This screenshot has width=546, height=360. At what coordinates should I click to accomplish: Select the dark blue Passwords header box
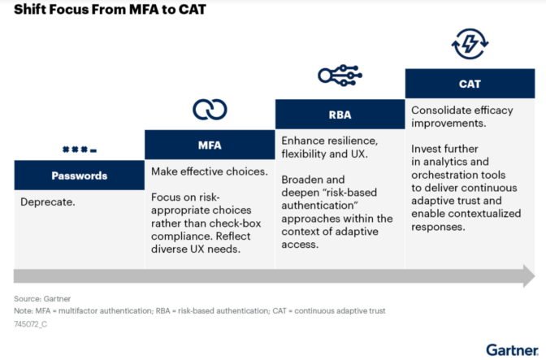point(79,176)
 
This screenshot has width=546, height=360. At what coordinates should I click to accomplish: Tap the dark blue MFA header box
point(210,145)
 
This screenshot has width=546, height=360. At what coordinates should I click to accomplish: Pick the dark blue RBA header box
point(340,115)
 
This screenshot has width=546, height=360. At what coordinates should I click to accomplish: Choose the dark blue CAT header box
point(469,84)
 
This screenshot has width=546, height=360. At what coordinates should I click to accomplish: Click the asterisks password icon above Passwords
point(79,150)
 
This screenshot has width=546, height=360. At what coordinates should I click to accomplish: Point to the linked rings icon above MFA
point(210,110)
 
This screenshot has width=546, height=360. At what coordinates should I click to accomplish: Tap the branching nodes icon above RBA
point(339,76)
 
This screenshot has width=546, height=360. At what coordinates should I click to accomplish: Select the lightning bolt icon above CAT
point(469,42)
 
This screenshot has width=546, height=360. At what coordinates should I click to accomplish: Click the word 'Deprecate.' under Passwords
point(48,202)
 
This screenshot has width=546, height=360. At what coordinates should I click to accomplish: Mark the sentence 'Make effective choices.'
point(209,171)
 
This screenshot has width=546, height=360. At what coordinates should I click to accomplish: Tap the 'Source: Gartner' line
point(42,298)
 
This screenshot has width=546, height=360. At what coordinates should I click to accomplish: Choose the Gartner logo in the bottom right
point(512,349)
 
